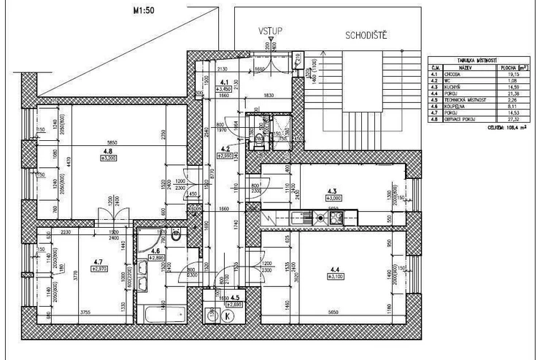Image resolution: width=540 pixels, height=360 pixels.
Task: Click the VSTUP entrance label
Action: click(270, 31)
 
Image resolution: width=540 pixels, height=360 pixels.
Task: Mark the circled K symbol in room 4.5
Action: click(228, 315)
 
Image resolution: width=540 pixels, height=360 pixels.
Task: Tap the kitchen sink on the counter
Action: click(300, 218)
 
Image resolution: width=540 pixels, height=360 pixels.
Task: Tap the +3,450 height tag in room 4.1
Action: click(225, 88)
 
